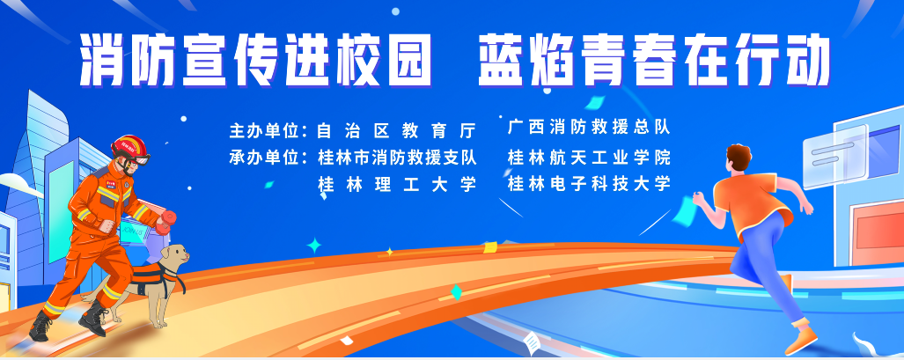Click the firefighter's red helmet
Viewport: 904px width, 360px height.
coord(129,145)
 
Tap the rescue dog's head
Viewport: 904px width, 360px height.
coord(173,254)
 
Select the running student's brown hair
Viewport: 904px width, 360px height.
coord(739,157)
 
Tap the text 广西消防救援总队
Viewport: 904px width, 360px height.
coord(589,127)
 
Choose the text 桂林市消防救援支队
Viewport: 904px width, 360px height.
coord(397,157)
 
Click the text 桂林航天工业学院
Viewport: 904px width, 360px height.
coord(589,157)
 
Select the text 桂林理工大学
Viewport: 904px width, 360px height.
coord(397,184)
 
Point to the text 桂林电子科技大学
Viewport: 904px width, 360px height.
coord(589,184)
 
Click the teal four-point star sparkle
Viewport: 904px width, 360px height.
coord(314,246)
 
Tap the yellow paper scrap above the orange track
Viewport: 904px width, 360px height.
coord(490,247)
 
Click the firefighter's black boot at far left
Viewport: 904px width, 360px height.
coord(40,326)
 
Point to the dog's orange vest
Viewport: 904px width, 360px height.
coord(146,278)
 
